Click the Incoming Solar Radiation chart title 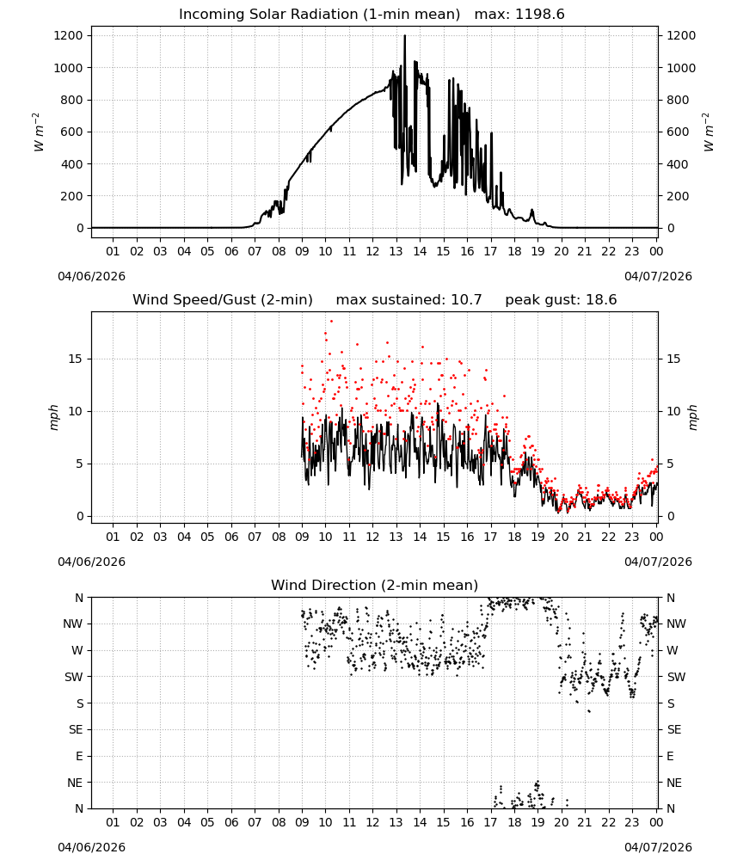click(x=319, y=15)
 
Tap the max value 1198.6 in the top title click(x=539, y=15)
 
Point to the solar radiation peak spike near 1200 click(x=405, y=37)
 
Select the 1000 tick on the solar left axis click(x=69, y=68)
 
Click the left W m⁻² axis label click(x=37, y=132)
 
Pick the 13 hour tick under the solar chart click(x=396, y=251)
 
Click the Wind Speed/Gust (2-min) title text click(x=223, y=300)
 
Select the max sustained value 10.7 click(x=466, y=300)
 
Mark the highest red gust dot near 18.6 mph click(x=331, y=322)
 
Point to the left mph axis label click(x=53, y=417)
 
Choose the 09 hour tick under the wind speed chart click(x=302, y=537)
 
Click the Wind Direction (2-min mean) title click(x=375, y=585)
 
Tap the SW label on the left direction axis click(x=74, y=677)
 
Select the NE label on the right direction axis click(x=674, y=783)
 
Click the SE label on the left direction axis click(x=76, y=730)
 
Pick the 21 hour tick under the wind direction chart click(x=585, y=822)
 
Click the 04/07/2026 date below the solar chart click(x=658, y=276)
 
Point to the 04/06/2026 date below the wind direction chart click(x=91, y=847)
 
